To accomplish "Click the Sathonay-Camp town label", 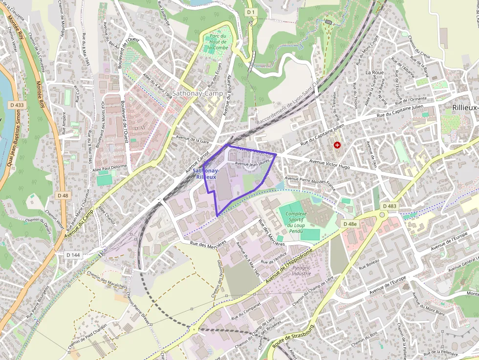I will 197,93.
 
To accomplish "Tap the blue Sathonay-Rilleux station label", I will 206,173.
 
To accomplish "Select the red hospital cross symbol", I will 337,145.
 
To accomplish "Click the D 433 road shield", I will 17,105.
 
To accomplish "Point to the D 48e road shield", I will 350,224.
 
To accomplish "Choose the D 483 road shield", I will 390,206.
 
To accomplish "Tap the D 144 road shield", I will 73,255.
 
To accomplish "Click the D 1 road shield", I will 251,12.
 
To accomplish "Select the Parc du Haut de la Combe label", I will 218,42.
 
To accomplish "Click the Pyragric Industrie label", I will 301,271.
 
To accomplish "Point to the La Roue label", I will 374,72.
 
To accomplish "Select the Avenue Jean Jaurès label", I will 252,164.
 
